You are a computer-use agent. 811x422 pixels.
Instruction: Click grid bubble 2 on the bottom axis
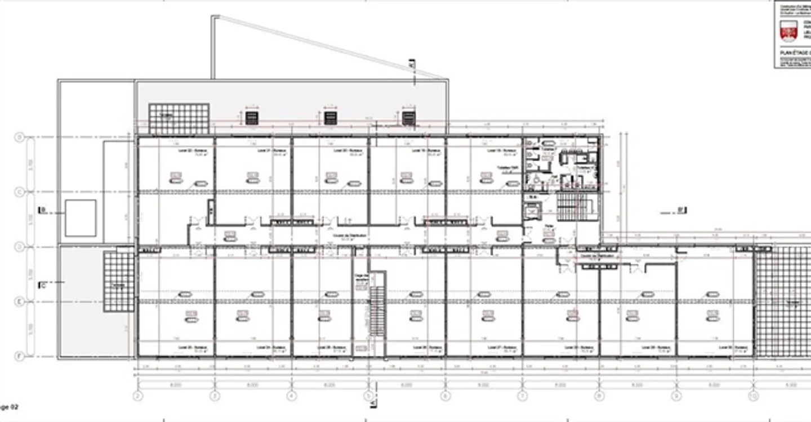(x=137, y=396)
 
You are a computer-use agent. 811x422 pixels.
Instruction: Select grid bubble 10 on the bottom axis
(x=753, y=396)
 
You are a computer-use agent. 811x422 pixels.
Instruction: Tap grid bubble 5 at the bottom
(x=368, y=396)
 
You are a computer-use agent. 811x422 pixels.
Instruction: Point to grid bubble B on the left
(x=19, y=137)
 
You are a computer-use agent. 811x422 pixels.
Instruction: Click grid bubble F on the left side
(x=19, y=356)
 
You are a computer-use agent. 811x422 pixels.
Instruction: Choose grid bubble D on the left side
(x=19, y=246)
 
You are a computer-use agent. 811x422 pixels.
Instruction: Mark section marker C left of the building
(x=42, y=285)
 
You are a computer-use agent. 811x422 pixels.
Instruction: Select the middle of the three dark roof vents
(x=330, y=118)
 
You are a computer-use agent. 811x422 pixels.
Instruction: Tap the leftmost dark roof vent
(x=252, y=118)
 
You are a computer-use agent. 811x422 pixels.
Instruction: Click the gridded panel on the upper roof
(x=179, y=119)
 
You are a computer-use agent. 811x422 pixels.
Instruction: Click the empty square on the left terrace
(x=81, y=217)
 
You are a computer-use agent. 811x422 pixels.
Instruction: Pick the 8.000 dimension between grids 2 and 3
(x=176, y=385)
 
